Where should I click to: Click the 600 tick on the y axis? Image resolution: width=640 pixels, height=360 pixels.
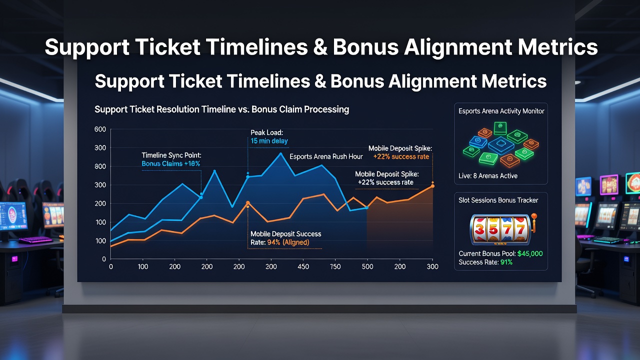(100, 129)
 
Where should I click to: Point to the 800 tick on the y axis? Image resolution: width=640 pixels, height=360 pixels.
(100, 166)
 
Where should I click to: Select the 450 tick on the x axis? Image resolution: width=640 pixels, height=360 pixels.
(303, 266)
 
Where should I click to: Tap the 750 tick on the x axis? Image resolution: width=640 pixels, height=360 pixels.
(335, 266)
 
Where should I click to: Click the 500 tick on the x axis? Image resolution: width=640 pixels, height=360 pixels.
(367, 266)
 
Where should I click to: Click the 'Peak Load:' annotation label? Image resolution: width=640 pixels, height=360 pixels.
(266, 132)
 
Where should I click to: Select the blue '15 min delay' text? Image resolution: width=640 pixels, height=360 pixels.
(269, 141)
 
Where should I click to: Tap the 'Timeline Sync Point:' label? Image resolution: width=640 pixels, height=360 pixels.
(171, 155)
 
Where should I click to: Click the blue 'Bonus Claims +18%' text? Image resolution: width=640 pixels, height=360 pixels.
(171, 163)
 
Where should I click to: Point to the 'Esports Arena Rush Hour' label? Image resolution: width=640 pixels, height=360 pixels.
(326, 156)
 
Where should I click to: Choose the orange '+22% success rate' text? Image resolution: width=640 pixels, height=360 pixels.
(401, 156)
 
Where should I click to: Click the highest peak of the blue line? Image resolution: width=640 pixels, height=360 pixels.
(281, 153)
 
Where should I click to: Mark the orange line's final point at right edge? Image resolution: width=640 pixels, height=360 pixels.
(432, 186)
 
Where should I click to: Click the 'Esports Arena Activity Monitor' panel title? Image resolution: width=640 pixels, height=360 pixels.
(501, 111)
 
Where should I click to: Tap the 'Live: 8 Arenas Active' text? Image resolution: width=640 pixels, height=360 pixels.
(488, 175)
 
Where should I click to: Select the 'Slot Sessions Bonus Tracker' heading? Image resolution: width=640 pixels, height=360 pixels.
(498, 200)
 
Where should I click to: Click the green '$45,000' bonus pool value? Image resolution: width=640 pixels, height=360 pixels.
(530, 253)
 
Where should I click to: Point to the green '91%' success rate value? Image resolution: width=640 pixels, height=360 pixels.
(506, 262)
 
